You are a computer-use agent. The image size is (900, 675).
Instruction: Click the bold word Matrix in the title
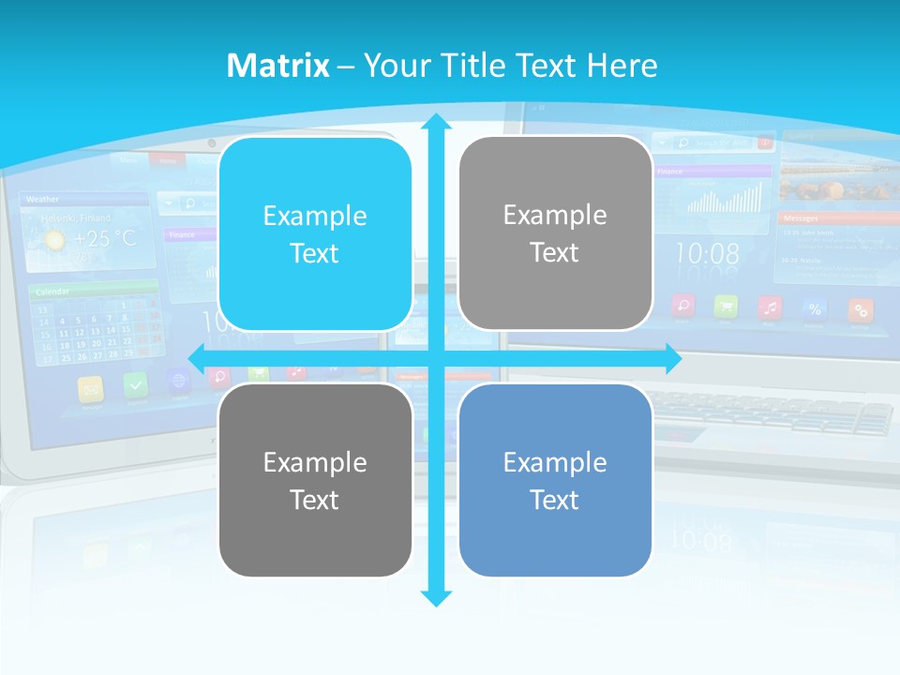(x=277, y=66)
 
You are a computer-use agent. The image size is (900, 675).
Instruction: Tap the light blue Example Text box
(x=315, y=234)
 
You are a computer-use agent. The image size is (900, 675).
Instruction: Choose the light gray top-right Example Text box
(x=555, y=233)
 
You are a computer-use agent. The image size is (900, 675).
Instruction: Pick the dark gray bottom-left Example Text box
(x=315, y=480)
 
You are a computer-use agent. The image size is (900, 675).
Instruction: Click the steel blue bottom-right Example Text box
(x=555, y=480)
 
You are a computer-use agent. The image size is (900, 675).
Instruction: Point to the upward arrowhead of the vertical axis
(x=435, y=123)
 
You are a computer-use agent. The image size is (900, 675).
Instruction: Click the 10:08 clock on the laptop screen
(x=707, y=254)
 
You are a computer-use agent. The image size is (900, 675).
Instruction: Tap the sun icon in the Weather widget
(x=55, y=240)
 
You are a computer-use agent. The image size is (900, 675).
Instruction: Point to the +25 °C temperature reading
(x=105, y=239)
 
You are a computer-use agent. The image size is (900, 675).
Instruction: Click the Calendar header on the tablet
(x=53, y=292)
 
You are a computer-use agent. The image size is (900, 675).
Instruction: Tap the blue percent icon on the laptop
(x=815, y=308)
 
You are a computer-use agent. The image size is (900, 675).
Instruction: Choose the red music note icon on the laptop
(x=770, y=307)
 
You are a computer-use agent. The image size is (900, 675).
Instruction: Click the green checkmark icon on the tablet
(x=136, y=384)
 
